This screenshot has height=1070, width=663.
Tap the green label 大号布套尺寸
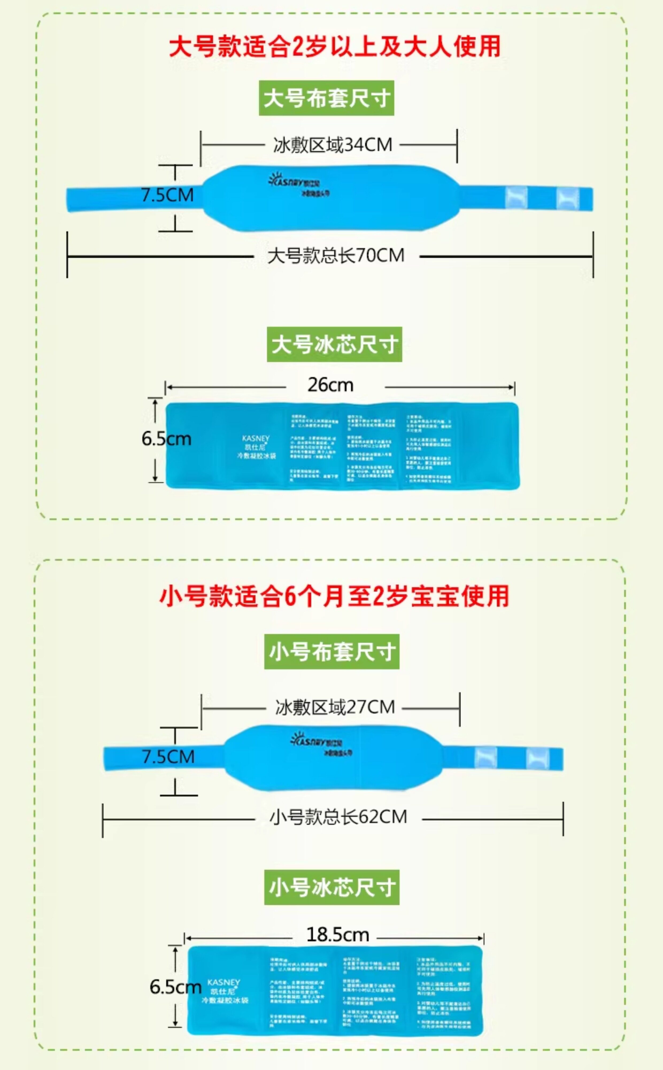326,98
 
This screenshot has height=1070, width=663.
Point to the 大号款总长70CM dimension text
336,255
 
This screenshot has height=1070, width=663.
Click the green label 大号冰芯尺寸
334,344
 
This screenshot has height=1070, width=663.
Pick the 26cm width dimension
330,385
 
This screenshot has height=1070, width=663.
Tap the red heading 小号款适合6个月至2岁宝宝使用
334,596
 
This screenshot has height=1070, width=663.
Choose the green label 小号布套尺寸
331,652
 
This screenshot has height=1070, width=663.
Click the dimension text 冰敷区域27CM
335,707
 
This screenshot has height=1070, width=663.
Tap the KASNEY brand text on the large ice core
256,438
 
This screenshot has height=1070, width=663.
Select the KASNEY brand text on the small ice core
224,982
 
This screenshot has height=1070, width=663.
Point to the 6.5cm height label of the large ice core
166,439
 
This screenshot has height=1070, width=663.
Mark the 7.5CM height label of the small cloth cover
168,757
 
